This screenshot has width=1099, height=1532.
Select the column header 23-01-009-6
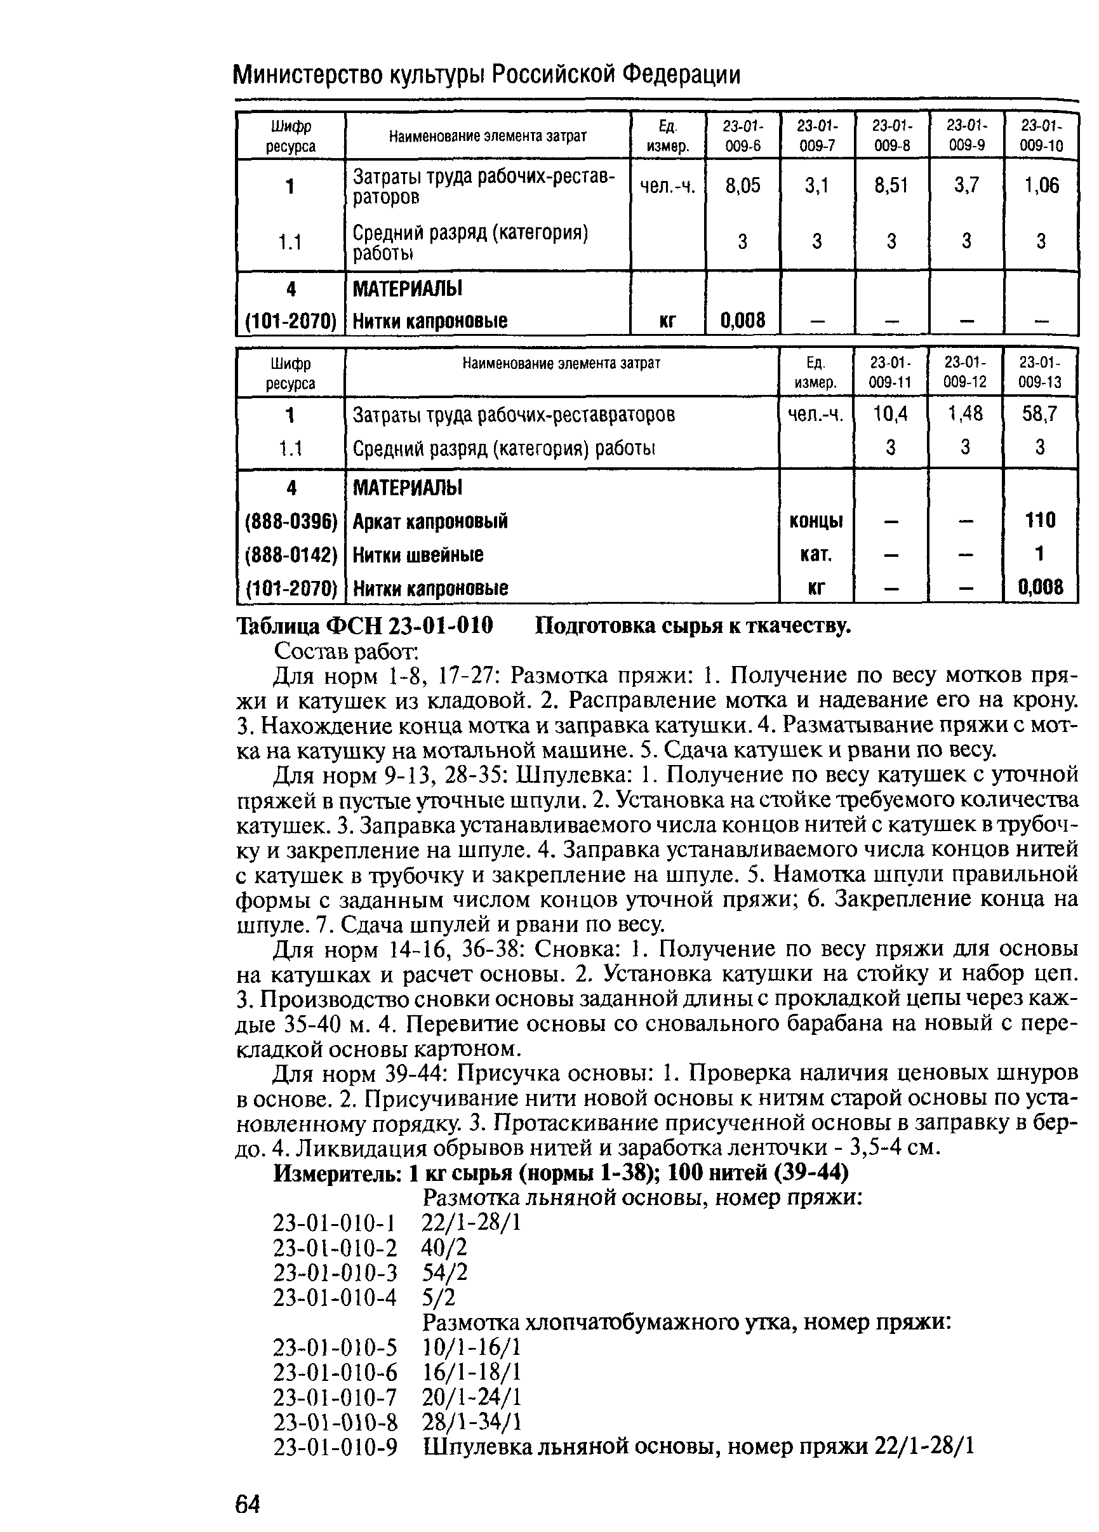pyautogui.click(x=742, y=137)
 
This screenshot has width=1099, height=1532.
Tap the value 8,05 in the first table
pyautogui.click(x=742, y=185)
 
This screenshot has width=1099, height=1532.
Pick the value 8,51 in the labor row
pyautogui.click(x=891, y=185)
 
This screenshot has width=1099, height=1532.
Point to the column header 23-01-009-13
pyautogui.click(x=1039, y=372)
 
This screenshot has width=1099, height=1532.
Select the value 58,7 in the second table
pyautogui.click(x=1039, y=413)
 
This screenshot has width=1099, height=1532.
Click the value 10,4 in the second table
pyautogui.click(x=890, y=413)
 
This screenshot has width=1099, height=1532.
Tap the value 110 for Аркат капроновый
pyautogui.click(x=1039, y=519)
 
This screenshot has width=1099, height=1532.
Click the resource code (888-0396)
pyautogui.click(x=290, y=521)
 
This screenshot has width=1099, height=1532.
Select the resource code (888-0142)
pyautogui.click(x=290, y=554)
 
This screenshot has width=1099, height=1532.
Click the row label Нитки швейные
pyautogui.click(x=418, y=554)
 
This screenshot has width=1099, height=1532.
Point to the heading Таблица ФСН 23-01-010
pyautogui.click(x=365, y=625)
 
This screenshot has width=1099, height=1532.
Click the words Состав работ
pyautogui.click(x=347, y=652)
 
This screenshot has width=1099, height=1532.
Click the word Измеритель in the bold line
pyautogui.click(x=337, y=1173)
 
